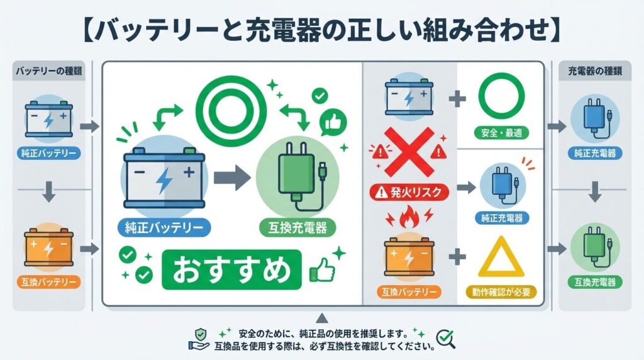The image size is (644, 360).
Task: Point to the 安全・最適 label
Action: coord(501,133)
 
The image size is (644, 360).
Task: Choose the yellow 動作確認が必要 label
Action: coord(501,291)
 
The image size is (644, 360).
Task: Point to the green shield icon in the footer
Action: coord(199,334)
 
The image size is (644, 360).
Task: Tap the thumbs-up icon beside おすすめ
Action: coord(321,271)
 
